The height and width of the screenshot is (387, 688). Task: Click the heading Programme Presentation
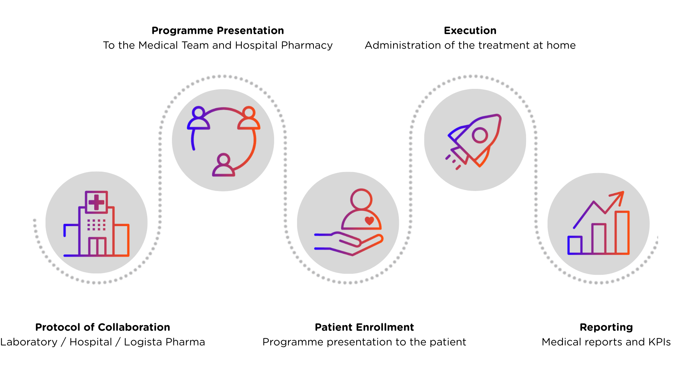218,31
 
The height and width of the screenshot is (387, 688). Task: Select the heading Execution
470,31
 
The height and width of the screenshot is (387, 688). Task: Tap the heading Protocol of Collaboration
102,327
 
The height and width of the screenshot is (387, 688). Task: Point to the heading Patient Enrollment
364,327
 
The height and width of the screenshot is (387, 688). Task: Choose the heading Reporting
606,327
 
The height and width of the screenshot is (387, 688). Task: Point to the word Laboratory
29,342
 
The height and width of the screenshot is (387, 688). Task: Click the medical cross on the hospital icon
96,202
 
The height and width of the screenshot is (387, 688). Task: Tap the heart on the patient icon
369,221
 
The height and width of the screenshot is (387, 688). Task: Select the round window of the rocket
480,135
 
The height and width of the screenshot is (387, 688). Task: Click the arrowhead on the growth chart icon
619,196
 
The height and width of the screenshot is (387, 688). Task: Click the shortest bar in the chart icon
575,245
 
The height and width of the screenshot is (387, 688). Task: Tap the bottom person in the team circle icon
224,166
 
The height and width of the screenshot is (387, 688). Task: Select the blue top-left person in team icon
199,118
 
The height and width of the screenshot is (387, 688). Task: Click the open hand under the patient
349,244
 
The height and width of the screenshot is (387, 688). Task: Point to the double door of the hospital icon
97,246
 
